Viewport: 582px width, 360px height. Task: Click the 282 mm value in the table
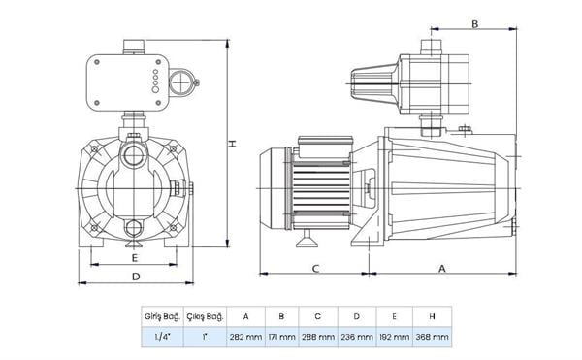(245, 337)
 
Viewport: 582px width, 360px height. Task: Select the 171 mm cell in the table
(281, 337)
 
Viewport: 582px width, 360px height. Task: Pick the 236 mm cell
(356, 337)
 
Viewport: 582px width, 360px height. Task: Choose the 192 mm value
(394, 337)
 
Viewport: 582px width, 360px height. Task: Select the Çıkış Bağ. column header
(209, 316)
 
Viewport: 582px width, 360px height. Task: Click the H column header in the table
(432, 316)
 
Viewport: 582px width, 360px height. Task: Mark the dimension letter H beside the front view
(232, 144)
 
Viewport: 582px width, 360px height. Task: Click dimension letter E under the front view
(135, 259)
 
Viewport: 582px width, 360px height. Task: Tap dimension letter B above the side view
(474, 23)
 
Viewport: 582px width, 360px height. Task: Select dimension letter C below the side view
(315, 268)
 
